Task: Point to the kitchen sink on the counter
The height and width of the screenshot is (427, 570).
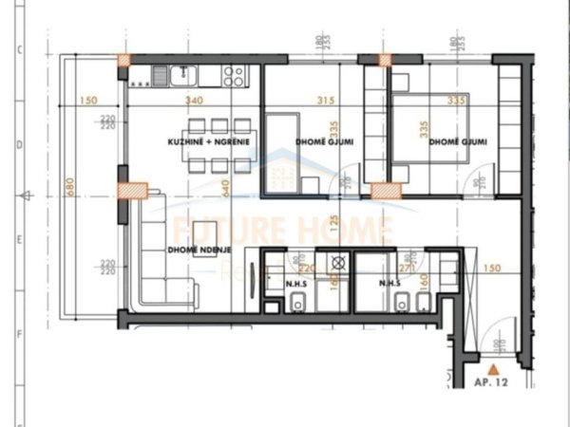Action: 162,72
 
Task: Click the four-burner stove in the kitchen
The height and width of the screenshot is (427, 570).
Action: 234,75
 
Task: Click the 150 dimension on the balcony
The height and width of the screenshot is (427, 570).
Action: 89,100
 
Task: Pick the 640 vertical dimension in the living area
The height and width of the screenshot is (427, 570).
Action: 227,189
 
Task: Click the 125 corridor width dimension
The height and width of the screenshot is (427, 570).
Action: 335,226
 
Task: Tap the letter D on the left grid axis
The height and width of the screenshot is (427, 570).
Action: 20,147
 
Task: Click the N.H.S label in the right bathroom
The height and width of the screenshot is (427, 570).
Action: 389,282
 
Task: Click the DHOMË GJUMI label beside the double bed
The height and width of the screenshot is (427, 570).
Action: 458,142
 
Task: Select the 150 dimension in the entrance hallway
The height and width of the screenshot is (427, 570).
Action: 490,269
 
